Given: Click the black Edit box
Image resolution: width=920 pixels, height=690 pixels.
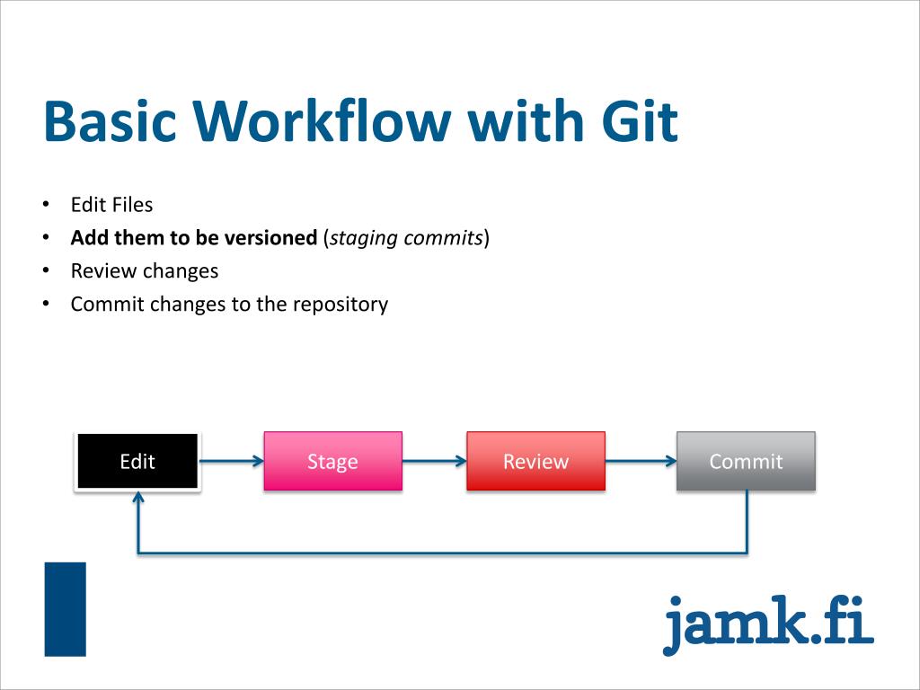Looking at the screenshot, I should pyautogui.click(x=137, y=462).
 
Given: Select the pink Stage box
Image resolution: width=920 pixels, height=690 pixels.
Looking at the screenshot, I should pyautogui.click(x=332, y=462).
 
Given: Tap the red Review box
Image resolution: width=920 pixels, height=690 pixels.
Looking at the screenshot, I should pyautogui.click(x=535, y=462).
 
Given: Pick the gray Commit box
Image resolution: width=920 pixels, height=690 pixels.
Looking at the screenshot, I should pyautogui.click(x=746, y=462).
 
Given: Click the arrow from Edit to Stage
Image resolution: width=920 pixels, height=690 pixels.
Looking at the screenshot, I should pyautogui.click(x=232, y=462).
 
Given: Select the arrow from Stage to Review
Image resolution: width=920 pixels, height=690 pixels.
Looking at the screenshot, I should pyautogui.click(x=434, y=462).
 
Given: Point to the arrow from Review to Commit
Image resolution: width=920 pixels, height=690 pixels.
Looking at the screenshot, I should pyautogui.click(x=641, y=462).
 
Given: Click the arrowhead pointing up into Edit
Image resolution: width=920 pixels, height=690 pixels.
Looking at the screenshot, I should pyautogui.click(x=137, y=498).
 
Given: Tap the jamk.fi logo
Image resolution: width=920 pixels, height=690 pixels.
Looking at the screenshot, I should pyautogui.click(x=768, y=622).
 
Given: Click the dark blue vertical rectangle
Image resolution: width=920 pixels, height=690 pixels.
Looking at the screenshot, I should pyautogui.click(x=66, y=608).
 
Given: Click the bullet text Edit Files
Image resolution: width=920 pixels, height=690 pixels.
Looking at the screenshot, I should pyautogui.click(x=112, y=205).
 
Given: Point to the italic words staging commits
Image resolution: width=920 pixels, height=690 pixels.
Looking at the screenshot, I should pyautogui.click(x=407, y=238).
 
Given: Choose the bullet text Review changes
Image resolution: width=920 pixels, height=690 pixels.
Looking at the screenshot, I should pyautogui.click(x=145, y=270).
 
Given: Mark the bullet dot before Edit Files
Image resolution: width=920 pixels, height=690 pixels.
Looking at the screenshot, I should pyautogui.click(x=46, y=205).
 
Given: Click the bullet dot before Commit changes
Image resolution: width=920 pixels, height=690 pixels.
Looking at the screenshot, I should pyautogui.click(x=46, y=305).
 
